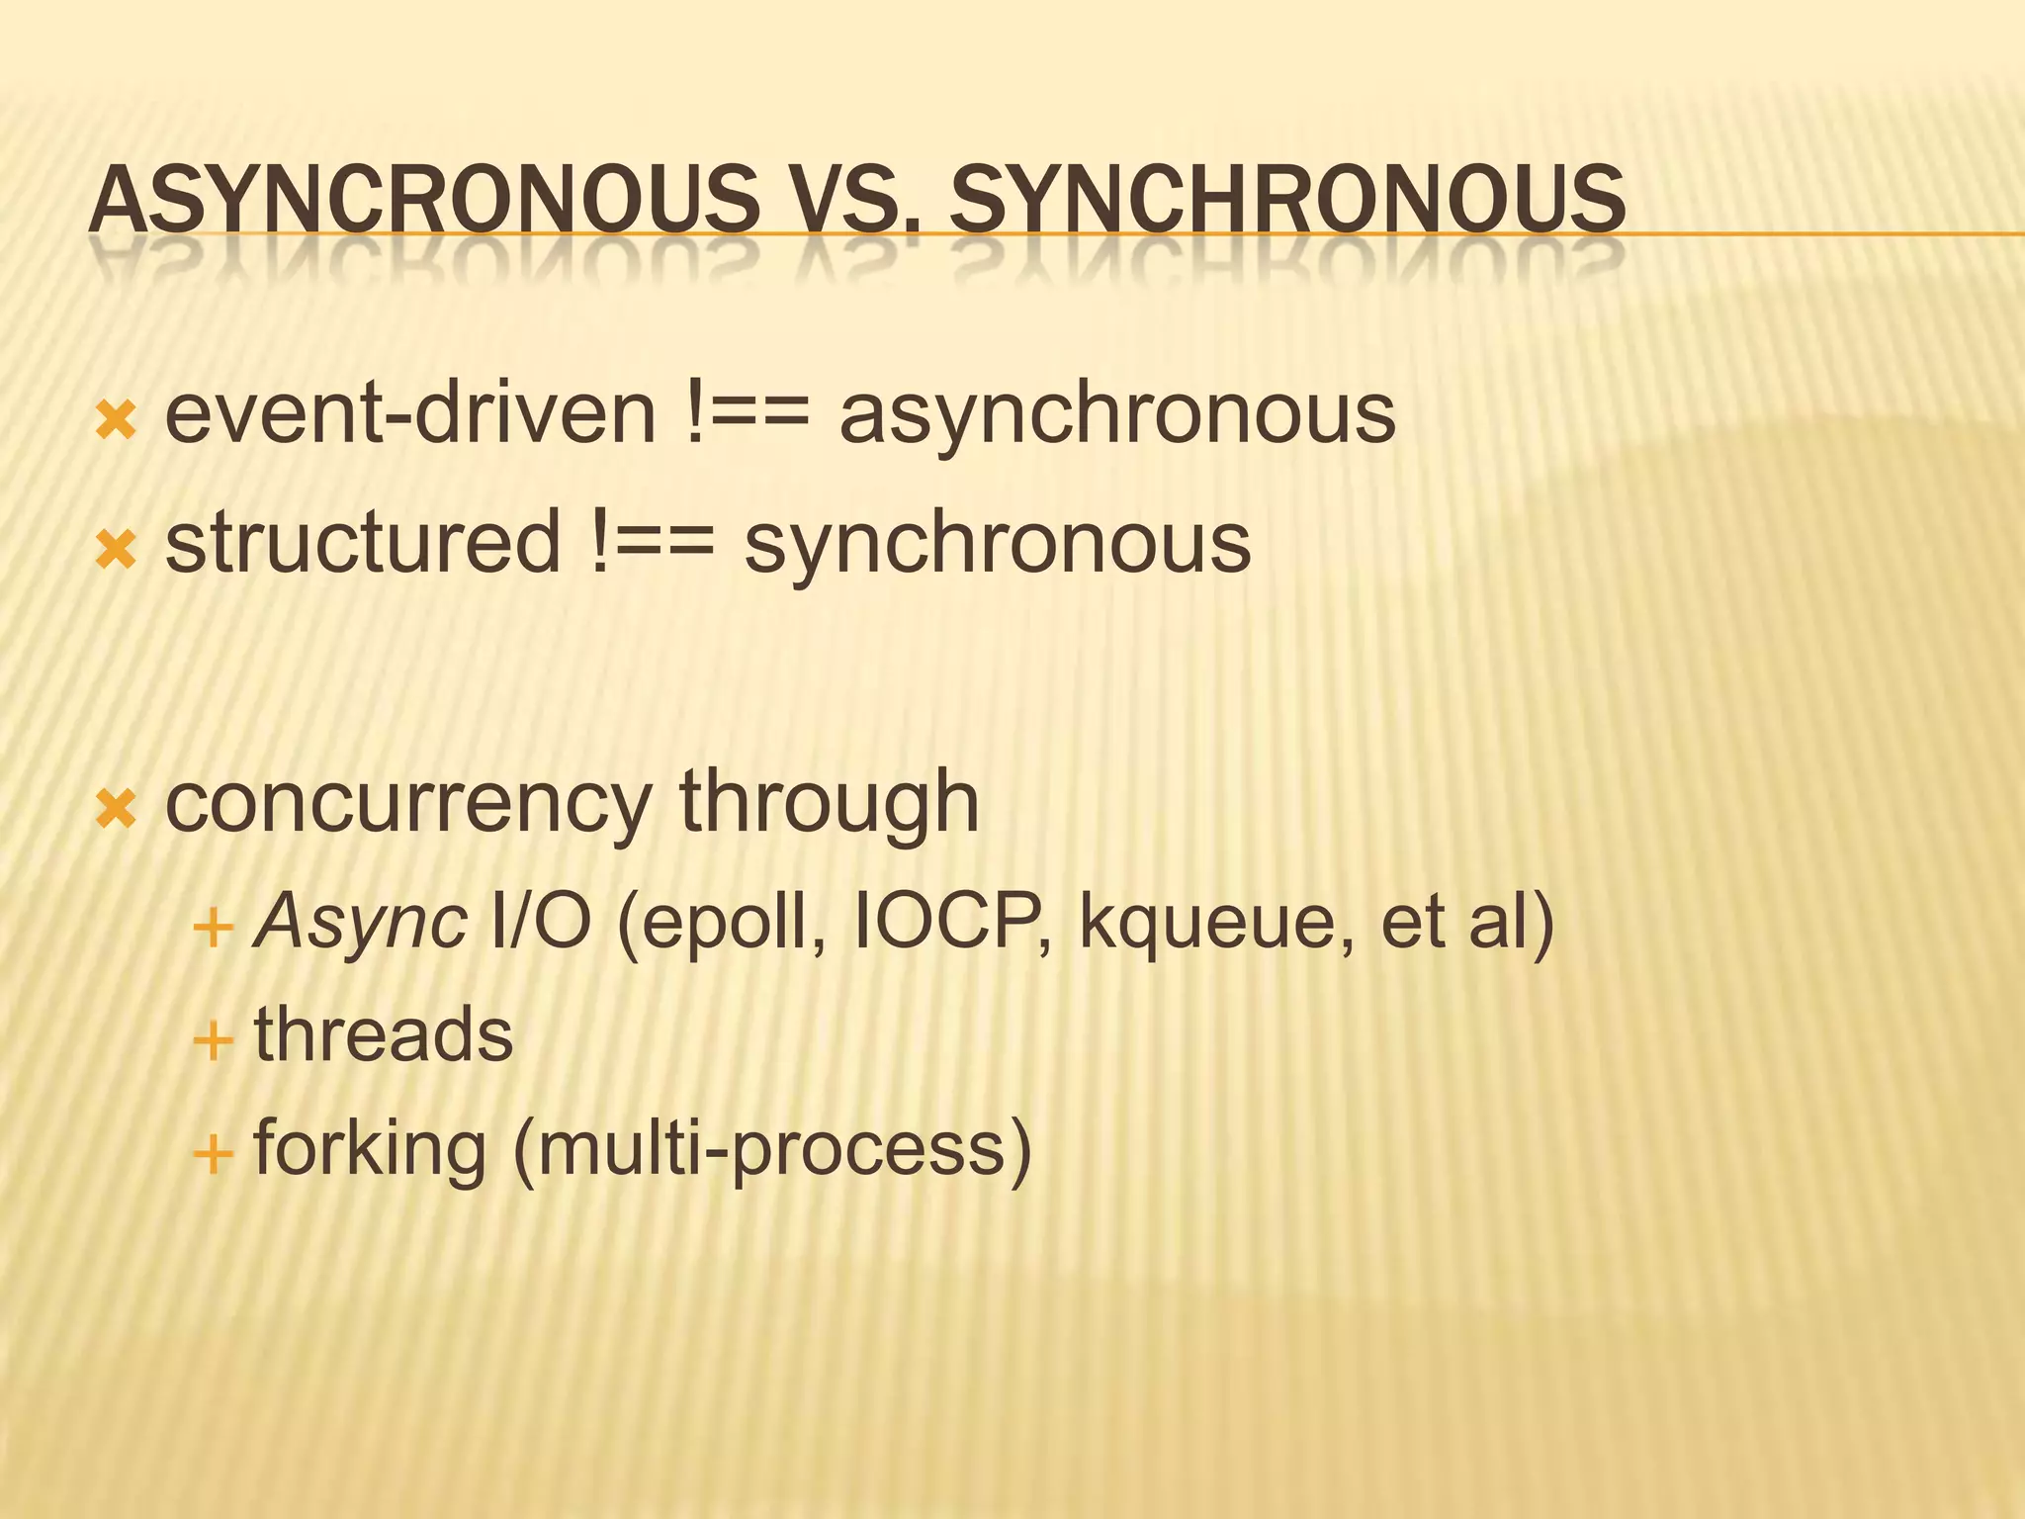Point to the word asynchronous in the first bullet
pyautogui.click(x=1117, y=415)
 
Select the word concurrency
pyautogui.click(x=407, y=804)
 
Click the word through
pyautogui.click(x=829, y=804)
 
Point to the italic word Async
pyautogui.click(x=360, y=922)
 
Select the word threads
pyautogui.click(x=384, y=1034)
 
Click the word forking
pyautogui.click(x=370, y=1149)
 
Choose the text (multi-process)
pyautogui.click(x=772, y=1149)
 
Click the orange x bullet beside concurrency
pyautogui.click(x=116, y=809)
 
